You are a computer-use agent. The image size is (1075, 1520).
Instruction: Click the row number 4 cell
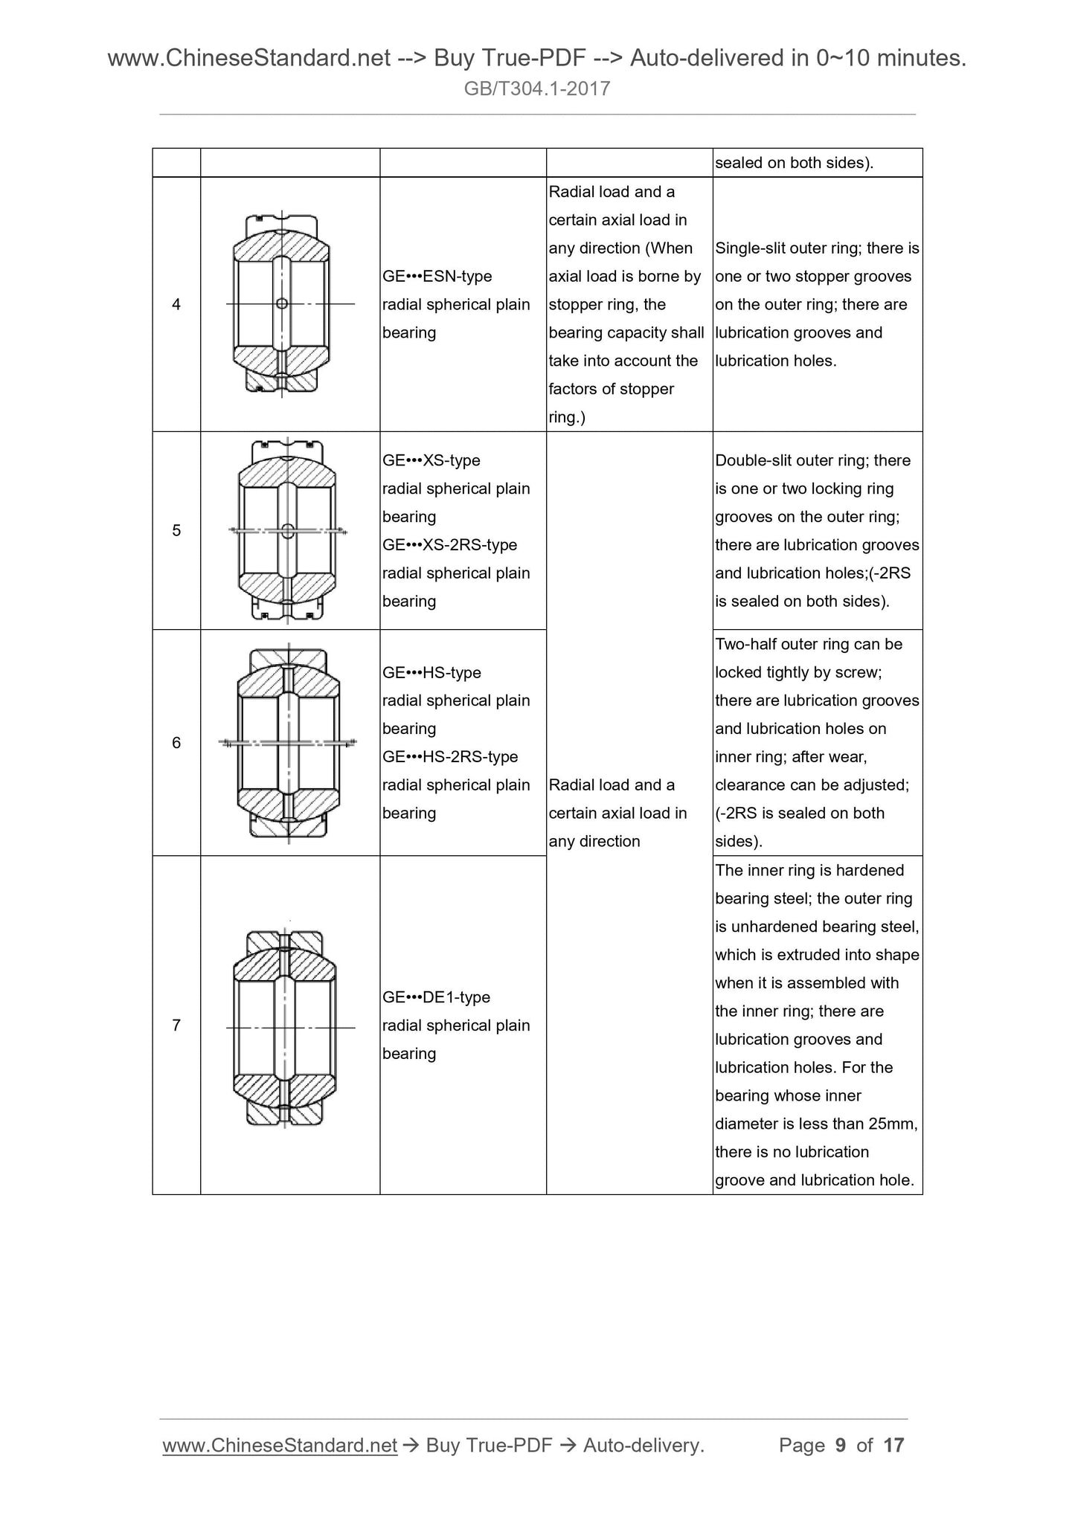point(176,304)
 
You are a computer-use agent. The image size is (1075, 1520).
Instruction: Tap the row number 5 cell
point(176,530)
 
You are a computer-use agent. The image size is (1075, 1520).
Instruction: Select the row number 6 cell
point(176,742)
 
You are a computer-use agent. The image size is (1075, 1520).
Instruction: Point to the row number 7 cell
point(176,1025)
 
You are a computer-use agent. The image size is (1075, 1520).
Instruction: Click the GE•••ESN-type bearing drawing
point(283,303)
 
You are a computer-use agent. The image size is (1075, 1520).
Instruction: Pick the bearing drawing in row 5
point(288,530)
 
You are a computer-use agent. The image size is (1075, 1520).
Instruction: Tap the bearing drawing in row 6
point(288,742)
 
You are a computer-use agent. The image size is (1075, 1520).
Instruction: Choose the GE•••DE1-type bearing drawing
point(286,1027)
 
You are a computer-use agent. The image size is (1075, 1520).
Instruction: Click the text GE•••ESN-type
point(437,277)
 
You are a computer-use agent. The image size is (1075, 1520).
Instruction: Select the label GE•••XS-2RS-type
point(449,545)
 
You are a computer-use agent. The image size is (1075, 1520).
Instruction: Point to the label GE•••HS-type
point(431,672)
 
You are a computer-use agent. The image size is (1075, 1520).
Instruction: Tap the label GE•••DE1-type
point(436,997)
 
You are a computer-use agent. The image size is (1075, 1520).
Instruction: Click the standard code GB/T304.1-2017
point(537,89)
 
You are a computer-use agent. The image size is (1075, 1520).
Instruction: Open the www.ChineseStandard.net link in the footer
point(280,1445)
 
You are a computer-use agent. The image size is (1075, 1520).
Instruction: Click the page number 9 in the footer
point(841,1445)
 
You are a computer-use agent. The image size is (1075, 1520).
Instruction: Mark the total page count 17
point(893,1445)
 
